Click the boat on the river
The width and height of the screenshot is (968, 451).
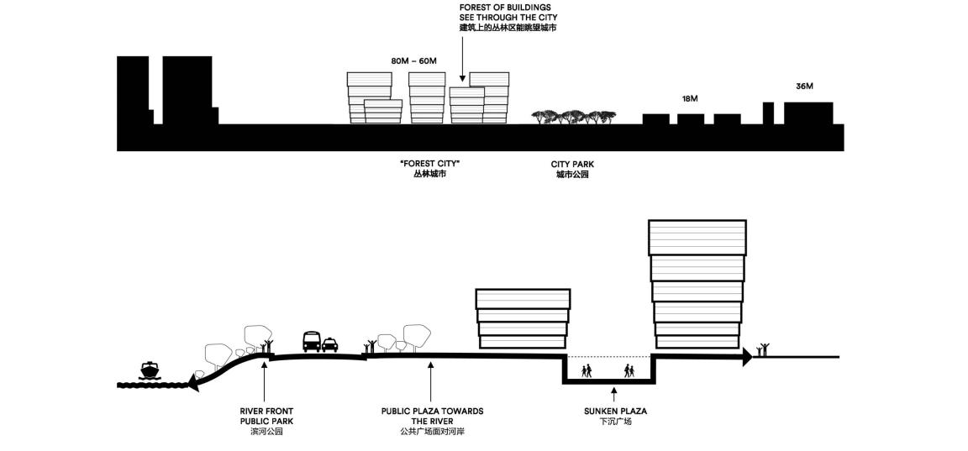(x=150, y=371)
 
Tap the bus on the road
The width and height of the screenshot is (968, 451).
(x=312, y=342)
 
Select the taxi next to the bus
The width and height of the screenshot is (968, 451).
(x=329, y=344)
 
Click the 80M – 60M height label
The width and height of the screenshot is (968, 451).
(x=413, y=61)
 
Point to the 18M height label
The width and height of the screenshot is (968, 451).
(x=690, y=99)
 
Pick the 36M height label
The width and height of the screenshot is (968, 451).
(x=804, y=87)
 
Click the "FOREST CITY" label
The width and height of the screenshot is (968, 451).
(x=430, y=164)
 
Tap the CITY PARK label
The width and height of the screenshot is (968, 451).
(x=572, y=165)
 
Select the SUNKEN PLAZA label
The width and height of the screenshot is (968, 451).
(x=615, y=412)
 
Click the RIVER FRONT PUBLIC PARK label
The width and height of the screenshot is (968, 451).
(x=266, y=417)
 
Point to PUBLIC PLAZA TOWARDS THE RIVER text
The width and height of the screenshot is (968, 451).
(x=432, y=417)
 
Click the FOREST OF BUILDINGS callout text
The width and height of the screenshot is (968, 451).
(x=508, y=13)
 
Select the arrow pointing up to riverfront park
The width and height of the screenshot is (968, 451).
(x=264, y=382)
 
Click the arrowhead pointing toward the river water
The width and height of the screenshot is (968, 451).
(x=192, y=385)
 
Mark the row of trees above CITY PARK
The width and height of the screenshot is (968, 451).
(x=574, y=117)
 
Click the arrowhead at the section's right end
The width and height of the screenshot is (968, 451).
(x=748, y=357)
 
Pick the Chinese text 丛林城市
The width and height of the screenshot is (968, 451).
(x=430, y=176)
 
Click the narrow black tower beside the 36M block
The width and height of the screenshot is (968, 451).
(x=768, y=113)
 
